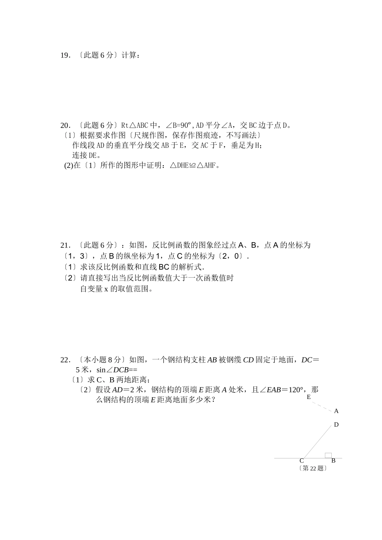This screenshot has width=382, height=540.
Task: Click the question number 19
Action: [x=65, y=55]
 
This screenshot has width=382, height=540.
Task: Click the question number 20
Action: [x=65, y=125]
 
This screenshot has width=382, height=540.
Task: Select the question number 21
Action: [x=65, y=245]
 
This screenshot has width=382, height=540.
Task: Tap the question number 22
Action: [x=65, y=360]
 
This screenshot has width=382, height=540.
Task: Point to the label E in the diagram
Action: [x=308, y=397]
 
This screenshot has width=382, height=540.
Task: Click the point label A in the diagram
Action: [x=336, y=411]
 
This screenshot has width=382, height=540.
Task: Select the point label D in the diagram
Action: [x=336, y=425]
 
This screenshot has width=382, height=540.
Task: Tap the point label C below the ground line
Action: [x=302, y=461]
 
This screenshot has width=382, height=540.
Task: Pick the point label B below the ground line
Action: [x=333, y=461]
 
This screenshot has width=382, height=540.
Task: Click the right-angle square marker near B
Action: [x=328, y=455]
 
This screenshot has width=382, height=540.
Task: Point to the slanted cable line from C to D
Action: [x=316, y=441]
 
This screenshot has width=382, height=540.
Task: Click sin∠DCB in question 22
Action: [x=112, y=370]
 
